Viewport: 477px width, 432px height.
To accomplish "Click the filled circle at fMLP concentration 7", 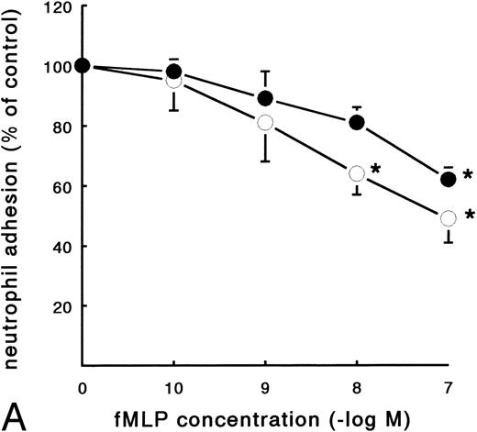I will pyautogui.click(x=449, y=180).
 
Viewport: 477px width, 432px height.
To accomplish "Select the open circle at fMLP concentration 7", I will pyautogui.click(x=449, y=218).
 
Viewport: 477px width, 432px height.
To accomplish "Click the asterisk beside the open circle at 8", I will pyautogui.click(x=376, y=171).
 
